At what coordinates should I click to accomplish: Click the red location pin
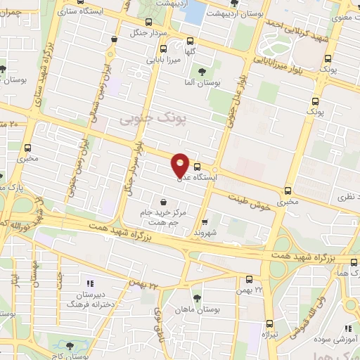coord(181,165)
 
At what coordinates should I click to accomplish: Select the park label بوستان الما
coord(202,84)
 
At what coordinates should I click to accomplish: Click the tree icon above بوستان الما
coord(202,72)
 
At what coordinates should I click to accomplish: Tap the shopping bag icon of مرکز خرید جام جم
coord(164,202)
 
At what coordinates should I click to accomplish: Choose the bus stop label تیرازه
coord(271,335)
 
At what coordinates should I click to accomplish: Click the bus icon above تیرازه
coord(270,323)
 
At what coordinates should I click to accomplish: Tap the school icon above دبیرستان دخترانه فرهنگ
coord(89,278)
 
